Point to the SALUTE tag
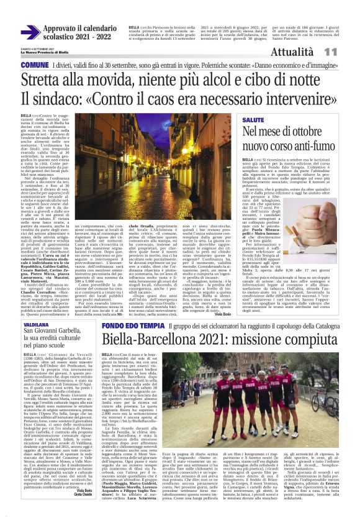pos(253,119)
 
